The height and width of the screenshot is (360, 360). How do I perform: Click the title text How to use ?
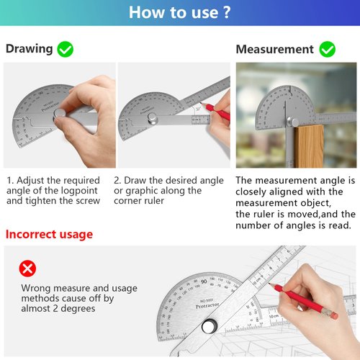tap(180, 12)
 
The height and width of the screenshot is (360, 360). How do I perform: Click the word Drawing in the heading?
tap(29, 49)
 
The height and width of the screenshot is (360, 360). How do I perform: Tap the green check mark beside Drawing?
tap(66, 49)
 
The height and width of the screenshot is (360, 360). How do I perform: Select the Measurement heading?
tap(274, 50)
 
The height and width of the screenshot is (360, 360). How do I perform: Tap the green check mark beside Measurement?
tap(328, 50)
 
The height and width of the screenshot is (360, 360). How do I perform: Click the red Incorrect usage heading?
tap(49, 235)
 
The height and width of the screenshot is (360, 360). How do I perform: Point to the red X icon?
tap(27, 269)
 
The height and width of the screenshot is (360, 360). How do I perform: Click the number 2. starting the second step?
tap(118, 181)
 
